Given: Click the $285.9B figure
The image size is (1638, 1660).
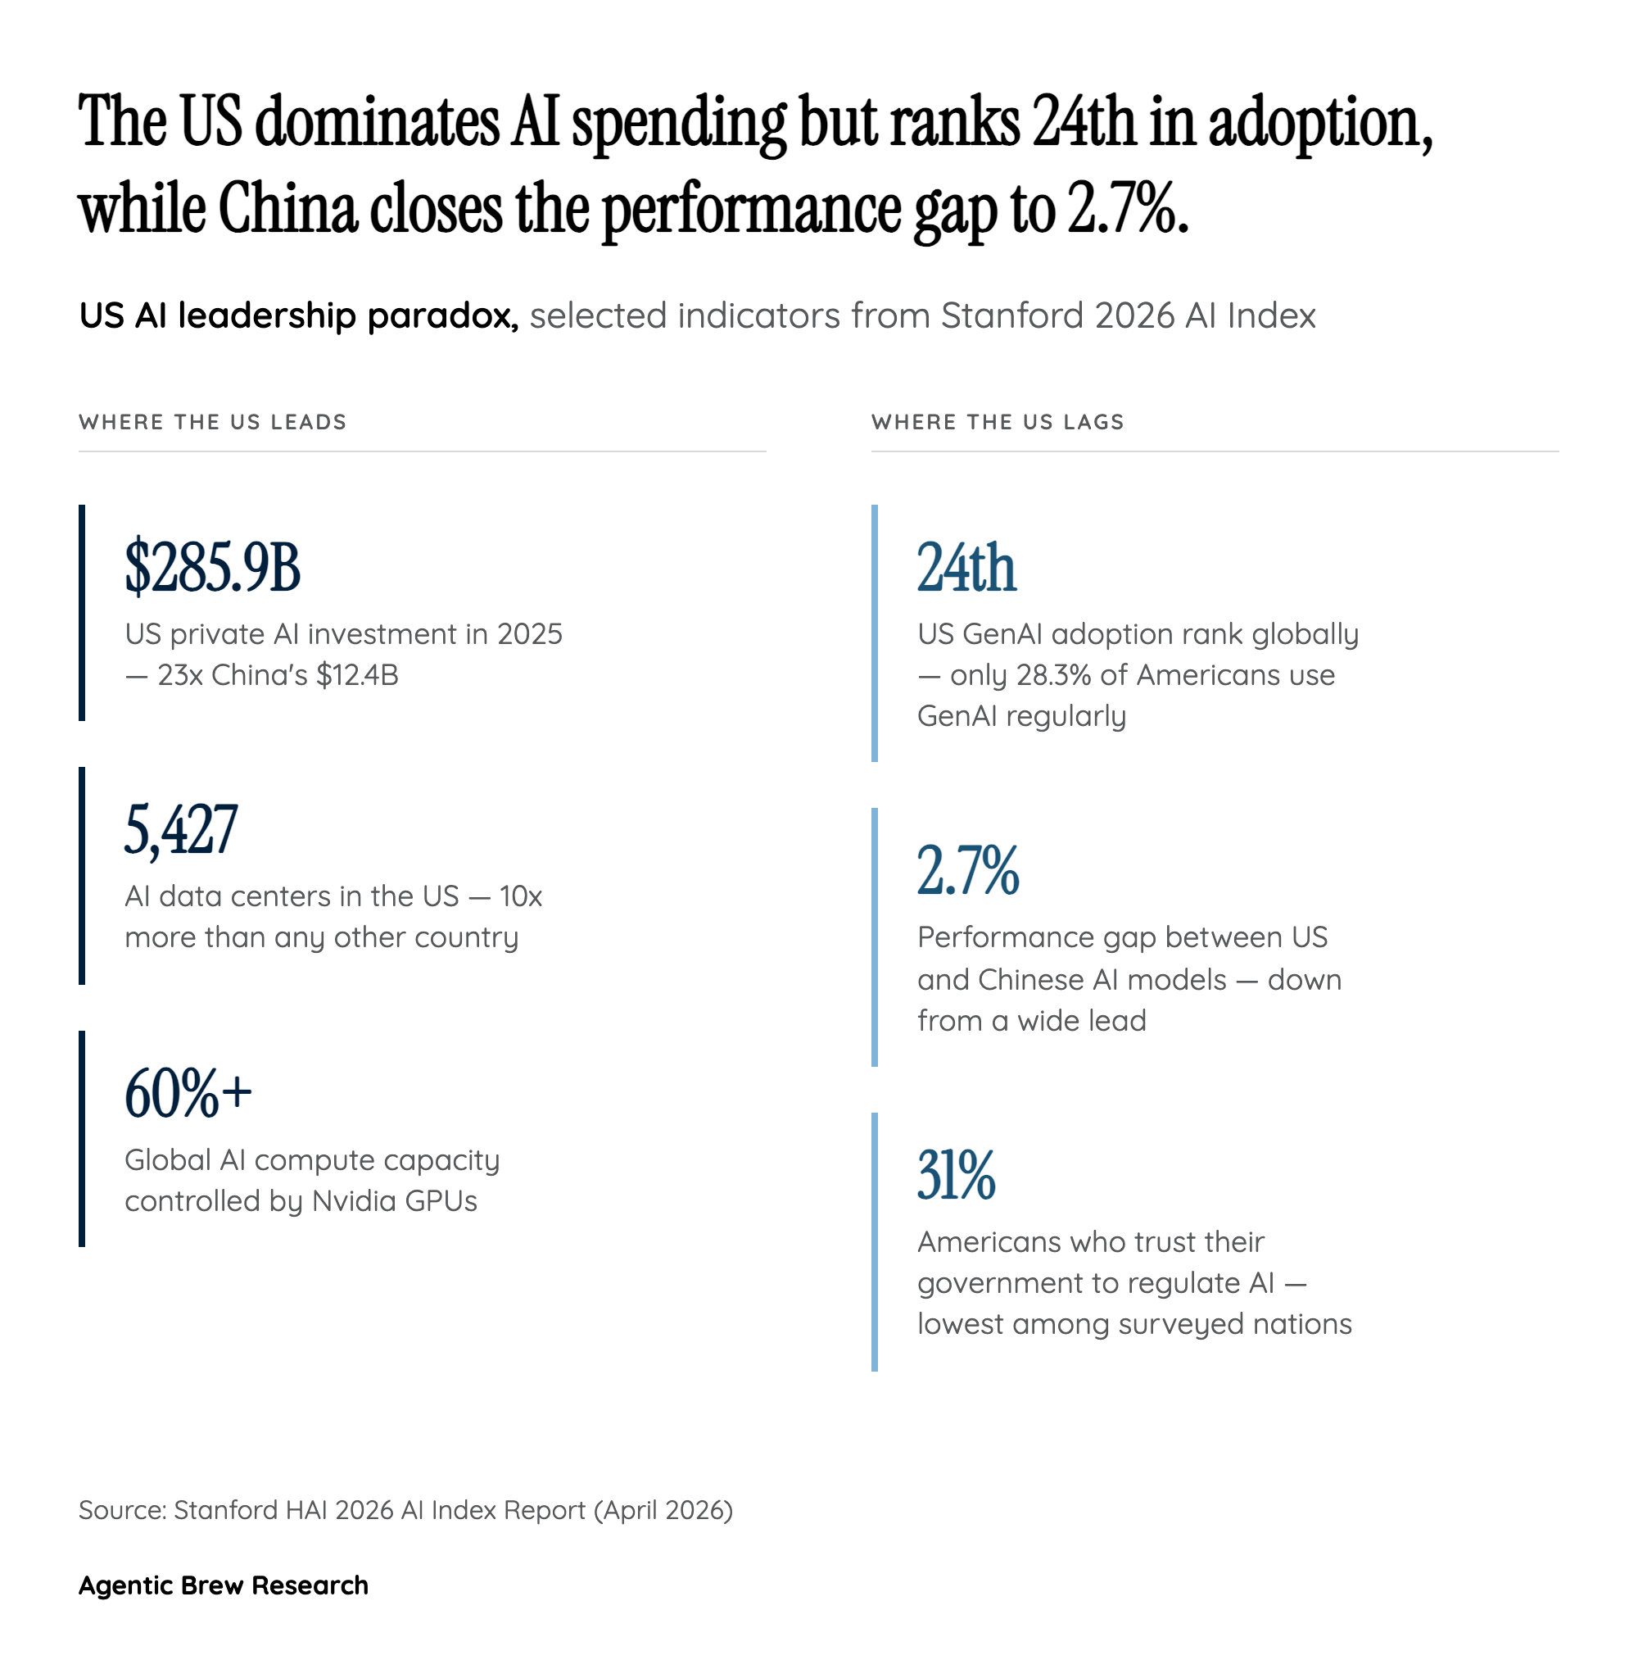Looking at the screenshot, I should [x=212, y=567].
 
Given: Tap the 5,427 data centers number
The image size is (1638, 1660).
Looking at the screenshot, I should [x=180, y=829].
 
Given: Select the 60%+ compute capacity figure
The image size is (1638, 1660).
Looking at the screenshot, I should [x=188, y=1093].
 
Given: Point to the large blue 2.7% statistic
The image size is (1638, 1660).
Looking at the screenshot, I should [x=967, y=870].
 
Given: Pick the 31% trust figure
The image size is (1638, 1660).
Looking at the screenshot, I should [x=955, y=1175].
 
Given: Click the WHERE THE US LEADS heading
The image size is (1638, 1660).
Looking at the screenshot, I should [x=212, y=422].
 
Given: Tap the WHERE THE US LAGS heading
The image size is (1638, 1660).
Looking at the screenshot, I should [x=998, y=422].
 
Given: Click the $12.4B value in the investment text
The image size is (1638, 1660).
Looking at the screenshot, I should [x=357, y=675].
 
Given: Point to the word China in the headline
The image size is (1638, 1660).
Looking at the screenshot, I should [x=287, y=211].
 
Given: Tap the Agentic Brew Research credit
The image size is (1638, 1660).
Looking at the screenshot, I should [x=224, y=1585].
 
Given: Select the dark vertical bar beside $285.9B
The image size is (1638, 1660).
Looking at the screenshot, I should [x=82, y=612].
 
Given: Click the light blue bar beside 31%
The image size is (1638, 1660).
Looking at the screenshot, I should [x=874, y=1241].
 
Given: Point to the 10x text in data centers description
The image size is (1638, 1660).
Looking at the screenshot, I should [x=521, y=896].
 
